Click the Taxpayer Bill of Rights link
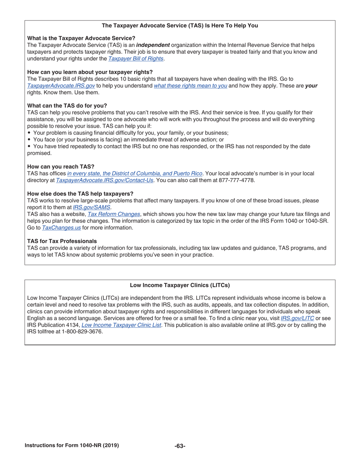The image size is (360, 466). click(136, 59)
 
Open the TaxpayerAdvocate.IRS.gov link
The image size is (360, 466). click(61, 86)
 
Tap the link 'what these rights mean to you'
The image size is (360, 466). click(190, 86)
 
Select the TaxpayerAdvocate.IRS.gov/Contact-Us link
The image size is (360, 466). click(105, 180)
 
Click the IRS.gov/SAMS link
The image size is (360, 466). click(91, 207)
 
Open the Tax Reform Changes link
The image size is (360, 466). click(114, 214)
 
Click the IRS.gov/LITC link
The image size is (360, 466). click(297, 318)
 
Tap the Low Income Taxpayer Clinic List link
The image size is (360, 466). click(121, 325)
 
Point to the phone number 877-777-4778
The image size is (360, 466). click(237, 180)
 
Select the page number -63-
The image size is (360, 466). click(180, 446)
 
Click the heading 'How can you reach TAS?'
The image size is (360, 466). click(61, 167)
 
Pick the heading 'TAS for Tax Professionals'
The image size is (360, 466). click(62, 241)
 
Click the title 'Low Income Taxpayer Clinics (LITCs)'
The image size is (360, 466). click(180, 285)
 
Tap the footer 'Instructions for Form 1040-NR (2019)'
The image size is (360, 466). click(72, 446)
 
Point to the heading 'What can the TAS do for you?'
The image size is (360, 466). click(67, 106)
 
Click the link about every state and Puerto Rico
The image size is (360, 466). click(135, 174)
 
